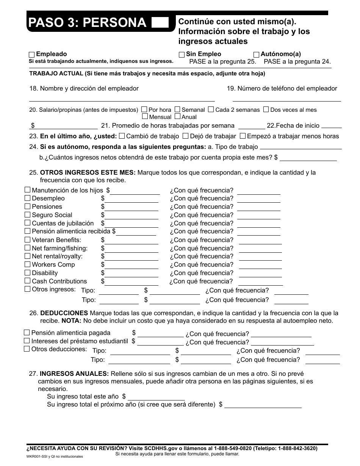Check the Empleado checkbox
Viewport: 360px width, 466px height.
[x=32, y=55]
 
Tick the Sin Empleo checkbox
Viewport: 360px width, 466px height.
[x=182, y=55]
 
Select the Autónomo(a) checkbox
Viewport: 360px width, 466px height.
[x=257, y=55]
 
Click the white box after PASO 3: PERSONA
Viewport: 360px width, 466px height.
[x=160, y=23]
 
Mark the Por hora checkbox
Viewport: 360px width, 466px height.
[x=144, y=109]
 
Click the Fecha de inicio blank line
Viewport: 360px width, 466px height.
[x=331, y=126]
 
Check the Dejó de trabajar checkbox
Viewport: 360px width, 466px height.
[x=186, y=136]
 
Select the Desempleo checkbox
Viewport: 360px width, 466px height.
[x=27, y=198]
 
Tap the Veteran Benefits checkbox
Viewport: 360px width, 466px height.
[x=27, y=239]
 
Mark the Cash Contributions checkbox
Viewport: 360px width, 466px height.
[x=27, y=281]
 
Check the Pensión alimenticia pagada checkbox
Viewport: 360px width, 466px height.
[x=27, y=332]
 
